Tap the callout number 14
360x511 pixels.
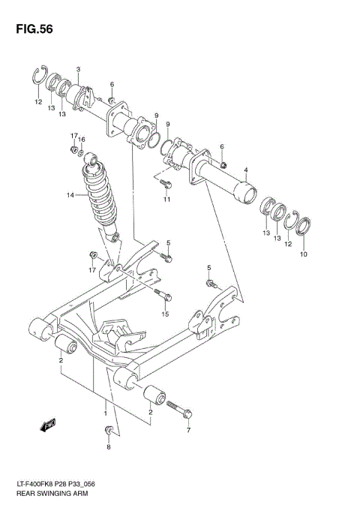click(x=70, y=196)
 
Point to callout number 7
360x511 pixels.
click(x=189, y=431)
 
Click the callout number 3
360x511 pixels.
click(x=79, y=70)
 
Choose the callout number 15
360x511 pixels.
click(x=166, y=314)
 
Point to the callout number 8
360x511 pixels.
click(x=108, y=447)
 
